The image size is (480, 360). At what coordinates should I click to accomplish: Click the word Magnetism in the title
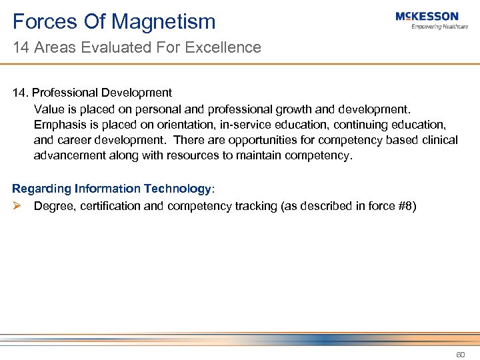point(163,21)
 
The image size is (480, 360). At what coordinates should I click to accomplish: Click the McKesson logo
point(427,16)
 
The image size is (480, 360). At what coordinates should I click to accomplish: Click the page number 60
point(460,354)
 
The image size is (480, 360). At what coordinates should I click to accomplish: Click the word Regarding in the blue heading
point(42,189)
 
